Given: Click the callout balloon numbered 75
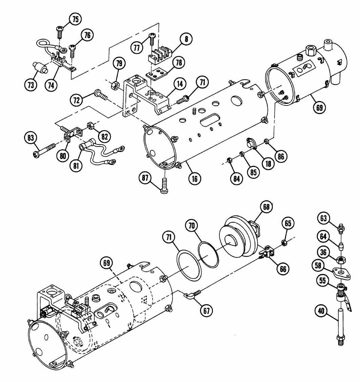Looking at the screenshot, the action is tap(76, 19).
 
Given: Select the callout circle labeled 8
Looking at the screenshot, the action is tap(186, 39).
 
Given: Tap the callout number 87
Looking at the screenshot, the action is tap(145, 178).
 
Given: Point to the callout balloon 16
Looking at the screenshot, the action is tap(195, 179).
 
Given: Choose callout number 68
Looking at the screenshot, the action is tap(266, 207).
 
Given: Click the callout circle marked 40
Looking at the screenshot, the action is tap(321, 311).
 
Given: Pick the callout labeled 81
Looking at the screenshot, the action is tap(76, 166).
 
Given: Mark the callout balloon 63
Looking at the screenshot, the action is tap(323, 218).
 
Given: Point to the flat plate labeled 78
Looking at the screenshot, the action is tap(156, 74).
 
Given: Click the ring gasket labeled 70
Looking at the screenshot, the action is tap(208, 254).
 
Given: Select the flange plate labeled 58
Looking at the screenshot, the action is tap(341, 273).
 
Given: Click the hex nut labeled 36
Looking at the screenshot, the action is tap(341, 260).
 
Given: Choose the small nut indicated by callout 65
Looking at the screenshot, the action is tap(284, 243).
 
